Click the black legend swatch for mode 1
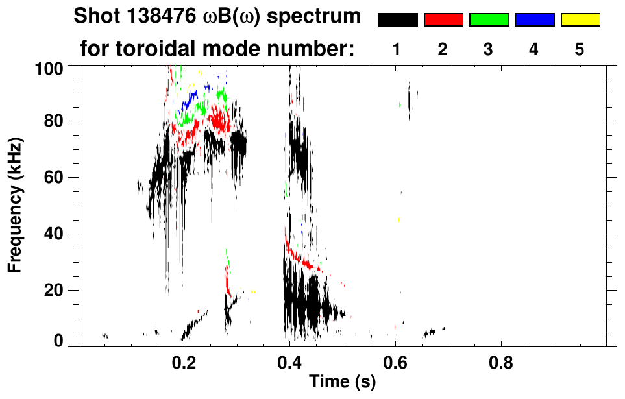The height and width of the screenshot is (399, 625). coord(397,20)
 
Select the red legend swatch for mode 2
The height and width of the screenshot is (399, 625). coord(443,20)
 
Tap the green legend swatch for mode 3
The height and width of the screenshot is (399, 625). coord(489,20)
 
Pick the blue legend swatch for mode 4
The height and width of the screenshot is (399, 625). coord(534,20)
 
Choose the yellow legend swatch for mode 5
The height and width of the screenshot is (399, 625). coord(580,20)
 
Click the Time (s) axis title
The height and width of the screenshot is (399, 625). coord(342,383)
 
